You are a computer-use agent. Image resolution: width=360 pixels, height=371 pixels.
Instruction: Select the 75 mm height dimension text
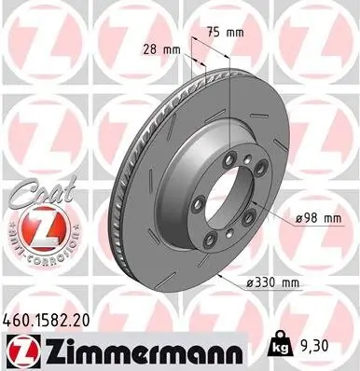223,32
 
